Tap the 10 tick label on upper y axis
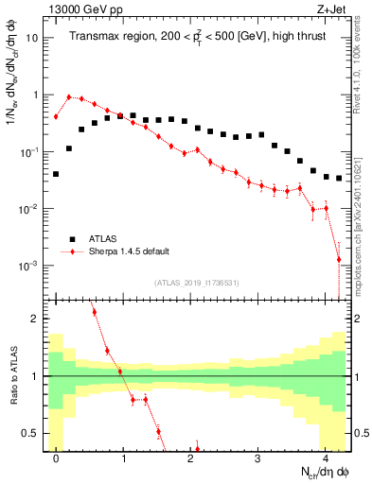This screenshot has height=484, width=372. (x=32, y=39)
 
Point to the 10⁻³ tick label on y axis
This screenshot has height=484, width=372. (x=29, y=266)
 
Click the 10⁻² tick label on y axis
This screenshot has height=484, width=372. (x=29, y=209)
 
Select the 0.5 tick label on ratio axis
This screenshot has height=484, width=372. (x=30, y=433)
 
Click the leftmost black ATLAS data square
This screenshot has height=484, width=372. (x=57, y=174)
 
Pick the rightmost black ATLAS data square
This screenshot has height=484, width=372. (x=339, y=178)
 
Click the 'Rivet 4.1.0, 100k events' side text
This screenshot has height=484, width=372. (x=361, y=62)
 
